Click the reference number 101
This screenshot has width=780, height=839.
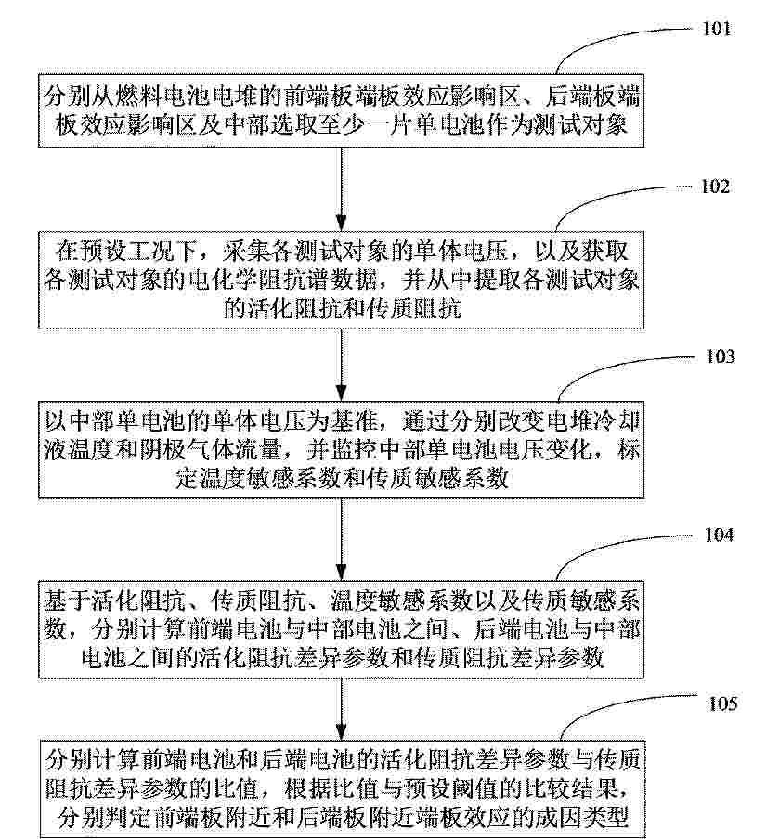(x=716, y=29)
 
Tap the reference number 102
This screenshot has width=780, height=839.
(x=715, y=187)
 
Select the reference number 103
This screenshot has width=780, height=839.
(x=721, y=356)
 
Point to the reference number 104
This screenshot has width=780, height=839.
(x=719, y=535)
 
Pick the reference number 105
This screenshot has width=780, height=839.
(x=722, y=703)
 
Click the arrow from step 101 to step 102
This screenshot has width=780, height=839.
(x=341, y=189)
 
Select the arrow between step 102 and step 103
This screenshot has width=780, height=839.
(x=341, y=365)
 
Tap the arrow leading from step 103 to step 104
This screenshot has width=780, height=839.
(x=341, y=539)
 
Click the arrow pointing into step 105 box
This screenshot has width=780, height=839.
(x=341, y=709)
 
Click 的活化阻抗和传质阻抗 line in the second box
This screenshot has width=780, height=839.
(x=342, y=309)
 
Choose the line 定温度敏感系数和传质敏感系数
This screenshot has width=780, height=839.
(x=342, y=478)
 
